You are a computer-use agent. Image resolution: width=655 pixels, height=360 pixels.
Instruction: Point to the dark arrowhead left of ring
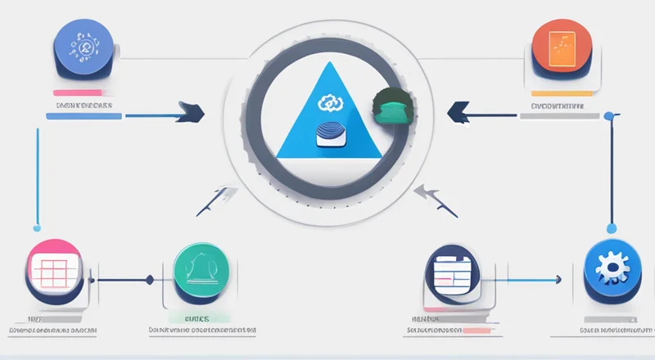[191, 110]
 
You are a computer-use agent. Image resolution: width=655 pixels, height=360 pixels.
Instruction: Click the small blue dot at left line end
[36, 227]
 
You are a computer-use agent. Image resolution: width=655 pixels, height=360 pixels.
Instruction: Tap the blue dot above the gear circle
[609, 227]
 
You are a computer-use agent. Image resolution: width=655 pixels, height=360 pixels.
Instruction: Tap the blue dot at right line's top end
[608, 116]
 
